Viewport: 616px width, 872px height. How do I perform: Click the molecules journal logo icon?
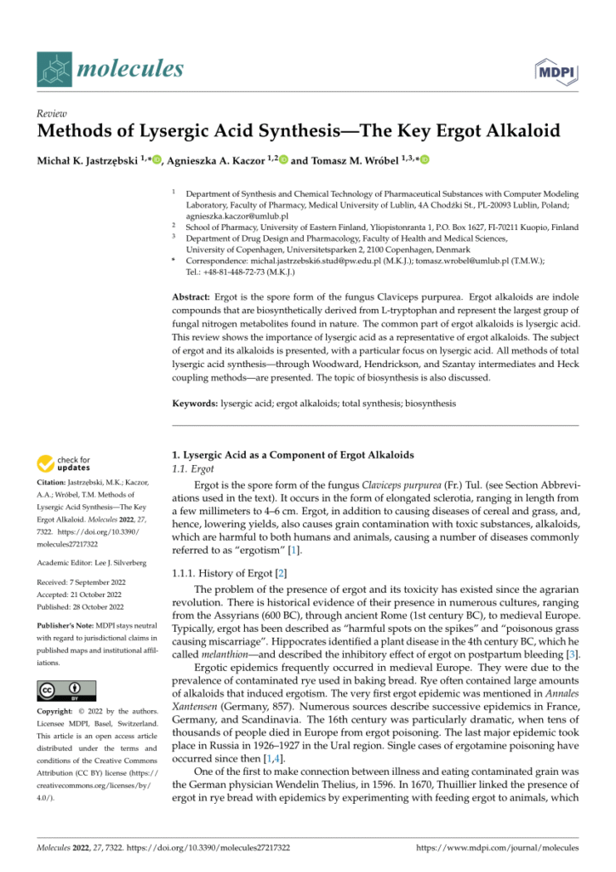pos(53,67)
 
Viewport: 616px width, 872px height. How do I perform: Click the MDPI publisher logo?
pos(556,71)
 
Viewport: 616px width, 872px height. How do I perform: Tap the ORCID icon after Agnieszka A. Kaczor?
pos(282,159)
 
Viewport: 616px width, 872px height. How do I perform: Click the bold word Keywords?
pos(195,403)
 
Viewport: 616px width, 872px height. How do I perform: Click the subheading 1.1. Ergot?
pos(191,469)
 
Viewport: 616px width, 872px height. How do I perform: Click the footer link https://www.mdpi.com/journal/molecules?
pos(497,847)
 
